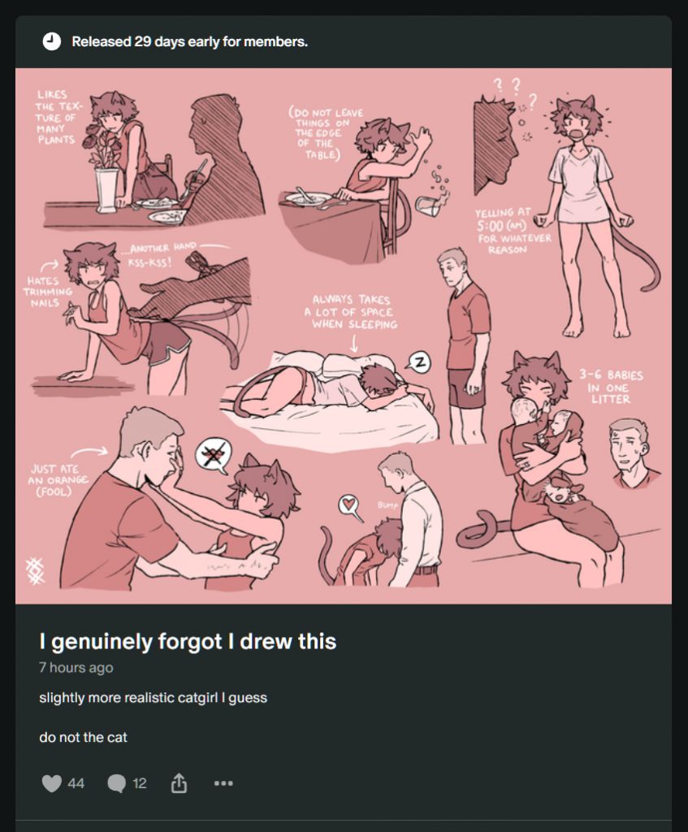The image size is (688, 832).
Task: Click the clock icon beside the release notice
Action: point(51,41)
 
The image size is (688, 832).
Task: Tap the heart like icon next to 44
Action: point(51,783)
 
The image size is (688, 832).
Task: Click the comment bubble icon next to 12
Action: point(117,783)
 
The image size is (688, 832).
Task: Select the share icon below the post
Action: point(179,782)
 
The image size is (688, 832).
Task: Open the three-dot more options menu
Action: point(223,783)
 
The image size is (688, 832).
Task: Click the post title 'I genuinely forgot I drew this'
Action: point(188,642)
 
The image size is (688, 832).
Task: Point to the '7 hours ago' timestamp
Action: point(76,668)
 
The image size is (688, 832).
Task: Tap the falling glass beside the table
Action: point(428,206)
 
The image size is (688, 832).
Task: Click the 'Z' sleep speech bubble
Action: point(419,362)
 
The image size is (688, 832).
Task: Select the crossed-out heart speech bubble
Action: point(214,455)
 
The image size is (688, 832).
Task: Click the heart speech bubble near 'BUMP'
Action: point(349,505)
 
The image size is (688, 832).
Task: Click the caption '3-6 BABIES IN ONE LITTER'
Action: point(611,387)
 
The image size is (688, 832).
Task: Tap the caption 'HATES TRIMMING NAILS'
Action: point(47,292)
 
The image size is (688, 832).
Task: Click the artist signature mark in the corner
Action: point(36,570)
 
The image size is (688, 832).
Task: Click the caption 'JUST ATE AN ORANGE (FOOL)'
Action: point(58,480)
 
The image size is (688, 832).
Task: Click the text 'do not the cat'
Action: point(84,737)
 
